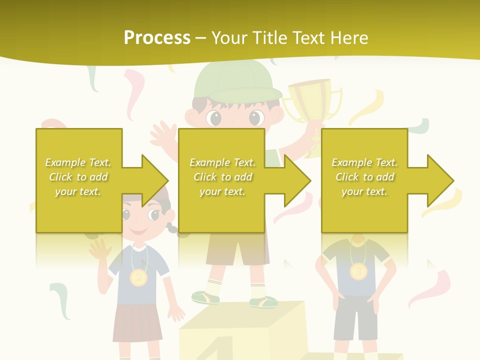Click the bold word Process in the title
[x=156, y=37]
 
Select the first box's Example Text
[x=78, y=162]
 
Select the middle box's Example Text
[x=222, y=162]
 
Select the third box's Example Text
[x=364, y=162]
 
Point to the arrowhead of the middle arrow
[x=298, y=180]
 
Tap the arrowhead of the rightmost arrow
[x=441, y=180]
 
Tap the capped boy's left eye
[x=214, y=118]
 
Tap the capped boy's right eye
[x=256, y=117]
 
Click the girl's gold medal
[x=138, y=277]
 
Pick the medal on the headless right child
[x=358, y=271]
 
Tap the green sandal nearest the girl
[x=205, y=297]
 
